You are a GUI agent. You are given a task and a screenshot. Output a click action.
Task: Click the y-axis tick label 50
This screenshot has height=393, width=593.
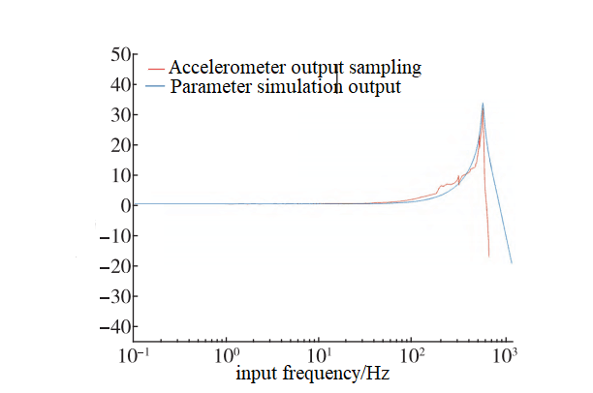coord(120,55)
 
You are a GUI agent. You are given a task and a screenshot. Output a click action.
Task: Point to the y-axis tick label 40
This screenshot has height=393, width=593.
coord(120,85)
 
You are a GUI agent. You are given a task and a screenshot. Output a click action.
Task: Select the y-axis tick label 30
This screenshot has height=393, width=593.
coord(120,115)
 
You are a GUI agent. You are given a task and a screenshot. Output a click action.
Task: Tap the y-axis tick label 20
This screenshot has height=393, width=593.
coord(120,145)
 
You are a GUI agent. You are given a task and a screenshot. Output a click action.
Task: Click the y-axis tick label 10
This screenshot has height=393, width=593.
coord(120,175)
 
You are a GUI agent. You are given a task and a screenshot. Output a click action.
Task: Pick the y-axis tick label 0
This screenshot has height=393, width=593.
coord(125,205)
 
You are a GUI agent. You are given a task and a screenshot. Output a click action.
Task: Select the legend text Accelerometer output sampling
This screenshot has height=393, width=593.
coord(296,68)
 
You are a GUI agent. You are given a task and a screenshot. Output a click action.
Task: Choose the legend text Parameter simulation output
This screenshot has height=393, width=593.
coord(286,87)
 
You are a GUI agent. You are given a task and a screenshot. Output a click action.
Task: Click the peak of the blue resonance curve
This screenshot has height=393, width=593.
coord(483,104)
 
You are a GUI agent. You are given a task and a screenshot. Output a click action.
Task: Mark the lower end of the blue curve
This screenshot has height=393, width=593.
coord(512,262)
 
